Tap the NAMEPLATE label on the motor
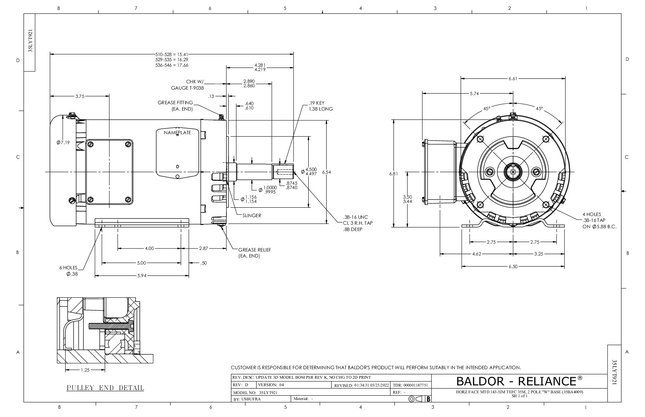point(177,133)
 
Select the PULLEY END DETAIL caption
point(106,388)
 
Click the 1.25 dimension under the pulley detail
point(85,370)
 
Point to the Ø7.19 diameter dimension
point(63,143)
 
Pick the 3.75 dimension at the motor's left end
point(80,96)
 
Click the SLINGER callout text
point(252,216)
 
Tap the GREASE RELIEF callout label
point(255,253)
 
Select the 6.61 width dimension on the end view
point(513,79)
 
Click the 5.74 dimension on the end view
point(474,94)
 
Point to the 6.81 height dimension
point(393,174)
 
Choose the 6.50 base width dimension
point(513,267)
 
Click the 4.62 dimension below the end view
point(477,254)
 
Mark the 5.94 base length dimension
point(141,276)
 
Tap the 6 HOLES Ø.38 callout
point(68,271)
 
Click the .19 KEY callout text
point(321,106)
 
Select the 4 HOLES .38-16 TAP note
point(600,220)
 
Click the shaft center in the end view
point(513,172)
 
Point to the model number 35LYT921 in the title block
point(268,393)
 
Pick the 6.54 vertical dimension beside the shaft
point(326,172)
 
